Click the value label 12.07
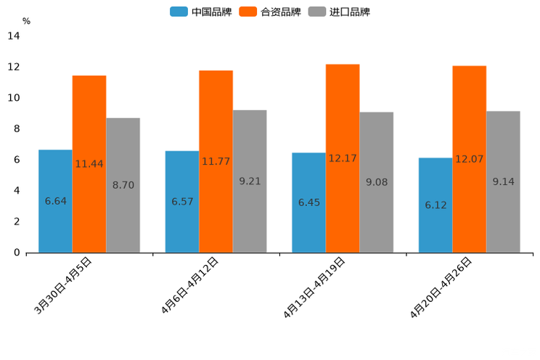tap(469, 159)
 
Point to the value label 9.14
tap(503, 181)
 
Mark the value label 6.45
tap(308, 202)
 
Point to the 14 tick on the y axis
tap(14, 36)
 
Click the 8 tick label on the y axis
tap(16, 129)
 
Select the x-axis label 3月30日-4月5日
tap(63, 287)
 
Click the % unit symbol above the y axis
tap(26, 21)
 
